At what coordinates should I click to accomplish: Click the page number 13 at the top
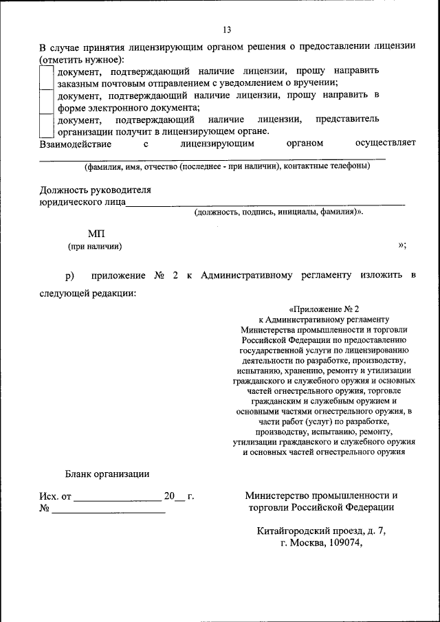[226, 28]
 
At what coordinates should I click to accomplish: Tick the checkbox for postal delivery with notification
[46, 77]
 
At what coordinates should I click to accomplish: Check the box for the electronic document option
[46, 101]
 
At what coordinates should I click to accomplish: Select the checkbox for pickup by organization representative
[46, 125]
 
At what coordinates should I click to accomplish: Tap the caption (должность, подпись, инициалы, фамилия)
[278, 212]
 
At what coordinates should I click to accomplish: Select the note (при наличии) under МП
[95, 246]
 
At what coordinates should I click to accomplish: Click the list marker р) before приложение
[69, 276]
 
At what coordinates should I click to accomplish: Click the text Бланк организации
[107, 474]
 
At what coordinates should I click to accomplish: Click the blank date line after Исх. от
[117, 496]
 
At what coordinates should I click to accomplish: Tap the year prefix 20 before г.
[169, 496]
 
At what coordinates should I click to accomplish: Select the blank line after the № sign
[108, 509]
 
